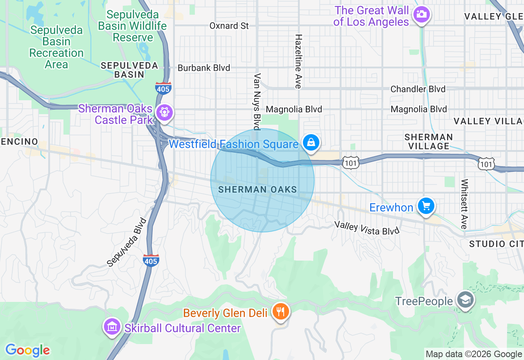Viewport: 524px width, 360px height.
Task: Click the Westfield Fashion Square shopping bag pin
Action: (311, 143)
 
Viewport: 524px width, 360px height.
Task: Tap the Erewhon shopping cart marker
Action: (426, 206)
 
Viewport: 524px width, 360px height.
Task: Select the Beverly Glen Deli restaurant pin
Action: (280, 312)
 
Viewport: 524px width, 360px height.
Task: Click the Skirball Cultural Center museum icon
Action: (112, 327)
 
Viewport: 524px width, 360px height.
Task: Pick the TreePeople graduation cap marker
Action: (466, 301)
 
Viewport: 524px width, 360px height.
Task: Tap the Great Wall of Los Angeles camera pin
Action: (421, 15)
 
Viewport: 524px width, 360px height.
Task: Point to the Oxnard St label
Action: (229, 26)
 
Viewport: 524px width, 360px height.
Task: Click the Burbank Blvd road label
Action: (203, 68)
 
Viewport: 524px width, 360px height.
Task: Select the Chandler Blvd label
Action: (418, 89)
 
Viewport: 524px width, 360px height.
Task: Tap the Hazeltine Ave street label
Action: (298, 61)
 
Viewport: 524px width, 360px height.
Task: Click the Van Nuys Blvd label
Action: (257, 101)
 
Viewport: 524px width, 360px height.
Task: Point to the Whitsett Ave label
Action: (464, 204)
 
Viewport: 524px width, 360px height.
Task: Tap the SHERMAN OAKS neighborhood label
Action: (257, 189)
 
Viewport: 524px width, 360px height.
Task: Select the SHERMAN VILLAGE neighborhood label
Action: (428, 142)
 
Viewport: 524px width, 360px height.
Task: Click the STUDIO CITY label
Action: (496, 244)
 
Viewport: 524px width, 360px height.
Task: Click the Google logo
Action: (27, 350)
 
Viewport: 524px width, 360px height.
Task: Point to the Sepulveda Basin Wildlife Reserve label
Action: (132, 26)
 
